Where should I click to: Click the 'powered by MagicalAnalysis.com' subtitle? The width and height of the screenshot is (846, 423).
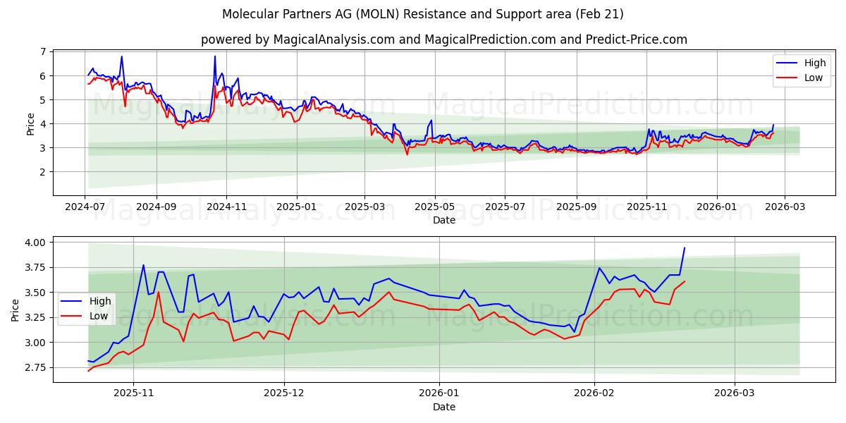pos(443,39)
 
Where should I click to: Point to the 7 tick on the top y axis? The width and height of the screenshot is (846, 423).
pos(43,52)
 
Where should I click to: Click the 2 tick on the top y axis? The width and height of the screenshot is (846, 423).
pos(43,172)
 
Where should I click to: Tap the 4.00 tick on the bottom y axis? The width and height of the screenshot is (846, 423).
pos(34,243)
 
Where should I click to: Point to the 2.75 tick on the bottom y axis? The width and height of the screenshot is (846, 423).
pos(34,368)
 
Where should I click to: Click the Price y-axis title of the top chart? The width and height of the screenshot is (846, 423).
pos(30,123)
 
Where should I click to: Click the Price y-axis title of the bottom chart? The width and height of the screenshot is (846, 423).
pos(16,310)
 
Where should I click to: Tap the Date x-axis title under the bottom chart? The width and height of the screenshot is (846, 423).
pos(444,407)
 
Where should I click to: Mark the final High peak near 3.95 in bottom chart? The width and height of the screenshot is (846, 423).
pos(684,247)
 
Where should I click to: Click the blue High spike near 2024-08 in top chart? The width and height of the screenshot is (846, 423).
pos(121,56)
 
